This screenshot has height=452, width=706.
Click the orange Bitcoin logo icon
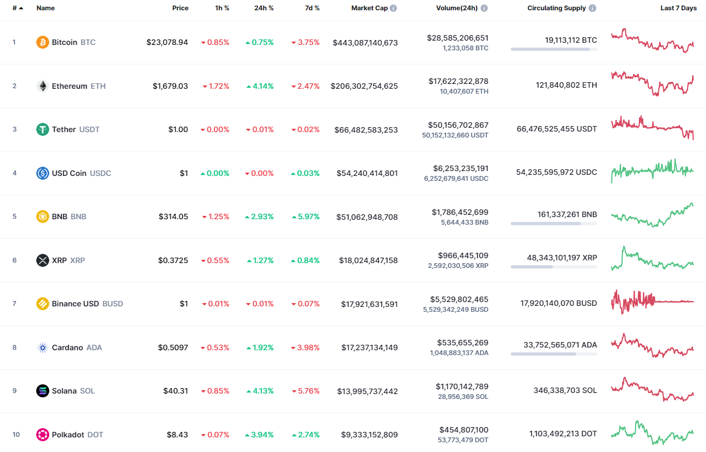43,42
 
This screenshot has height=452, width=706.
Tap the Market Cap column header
370,8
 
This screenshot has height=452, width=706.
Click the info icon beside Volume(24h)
484,8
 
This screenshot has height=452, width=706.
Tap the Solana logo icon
43,391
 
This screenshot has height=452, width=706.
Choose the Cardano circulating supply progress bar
553,354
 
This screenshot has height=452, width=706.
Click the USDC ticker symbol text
101,173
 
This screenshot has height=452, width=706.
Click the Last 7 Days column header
678,8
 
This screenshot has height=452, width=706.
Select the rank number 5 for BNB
15,217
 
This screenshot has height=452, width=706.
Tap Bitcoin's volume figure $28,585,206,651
458,38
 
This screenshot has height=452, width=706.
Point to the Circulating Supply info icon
593,8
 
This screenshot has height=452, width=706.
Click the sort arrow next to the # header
21,8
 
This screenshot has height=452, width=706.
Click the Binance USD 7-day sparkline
652,302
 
